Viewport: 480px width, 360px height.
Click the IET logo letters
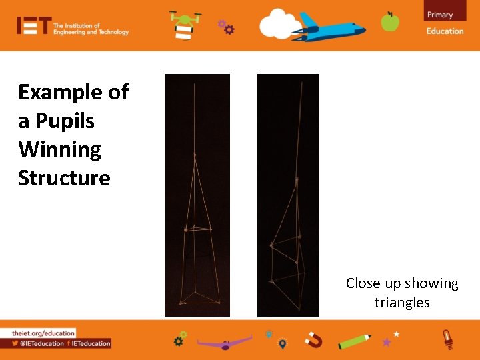point(34,26)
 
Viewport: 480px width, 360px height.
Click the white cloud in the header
point(280,24)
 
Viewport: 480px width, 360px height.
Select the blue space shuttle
point(331,27)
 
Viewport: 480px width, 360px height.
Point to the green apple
point(390,22)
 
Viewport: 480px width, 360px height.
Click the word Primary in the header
point(440,15)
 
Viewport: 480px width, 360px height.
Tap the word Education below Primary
point(445,31)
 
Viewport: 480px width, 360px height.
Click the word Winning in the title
point(59,149)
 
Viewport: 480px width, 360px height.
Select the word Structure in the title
point(64,178)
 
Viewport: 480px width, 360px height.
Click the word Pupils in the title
point(65,121)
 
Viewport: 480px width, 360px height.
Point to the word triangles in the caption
point(402,303)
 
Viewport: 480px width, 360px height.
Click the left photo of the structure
point(197,195)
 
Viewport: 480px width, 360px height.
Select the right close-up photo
point(288,195)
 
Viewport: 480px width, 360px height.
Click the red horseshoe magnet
point(313,339)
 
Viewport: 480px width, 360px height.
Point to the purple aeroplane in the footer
point(225,343)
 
